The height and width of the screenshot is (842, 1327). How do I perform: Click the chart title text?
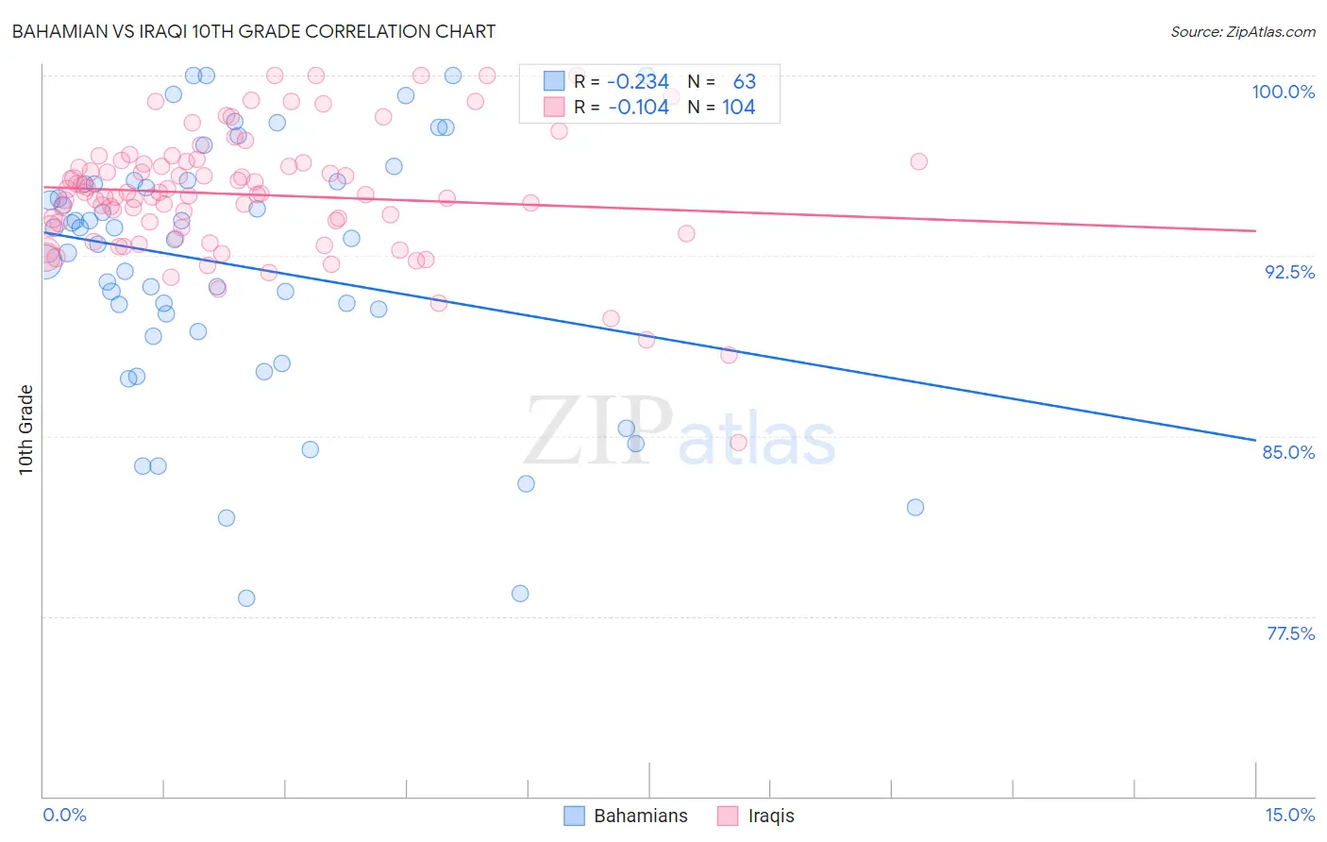pos(253,31)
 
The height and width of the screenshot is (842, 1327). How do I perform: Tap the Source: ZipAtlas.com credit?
pos(1242,31)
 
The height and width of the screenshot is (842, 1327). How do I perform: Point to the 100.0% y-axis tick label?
pos(1283,92)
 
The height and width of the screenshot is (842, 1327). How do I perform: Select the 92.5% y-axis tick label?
pos(1289,272)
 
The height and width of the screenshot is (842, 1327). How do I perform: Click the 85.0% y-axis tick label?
pos(1288,452)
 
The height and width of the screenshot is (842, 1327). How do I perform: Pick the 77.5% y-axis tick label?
pos(1290,633)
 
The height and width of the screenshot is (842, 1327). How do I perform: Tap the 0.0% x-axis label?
pos(64,815)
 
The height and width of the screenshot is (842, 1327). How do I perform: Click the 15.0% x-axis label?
pos(1289,815)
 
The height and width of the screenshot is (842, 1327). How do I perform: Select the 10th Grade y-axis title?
pos(26,429)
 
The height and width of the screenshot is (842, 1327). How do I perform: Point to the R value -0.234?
pos(638,82)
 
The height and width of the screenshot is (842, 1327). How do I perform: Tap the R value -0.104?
pos(638,107)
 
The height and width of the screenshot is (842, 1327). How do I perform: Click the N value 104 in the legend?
pos(739,107)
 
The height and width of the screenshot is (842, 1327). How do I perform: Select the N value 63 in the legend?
pos(745,82)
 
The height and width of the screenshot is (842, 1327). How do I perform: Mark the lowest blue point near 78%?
pos(246,598)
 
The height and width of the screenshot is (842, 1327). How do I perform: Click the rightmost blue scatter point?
pos(915,507)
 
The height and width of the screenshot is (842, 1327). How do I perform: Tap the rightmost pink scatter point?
pos(918,161)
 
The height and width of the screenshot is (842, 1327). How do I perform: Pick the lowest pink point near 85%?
pos(738,443)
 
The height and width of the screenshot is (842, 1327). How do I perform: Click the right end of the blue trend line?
pos(1255,440)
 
